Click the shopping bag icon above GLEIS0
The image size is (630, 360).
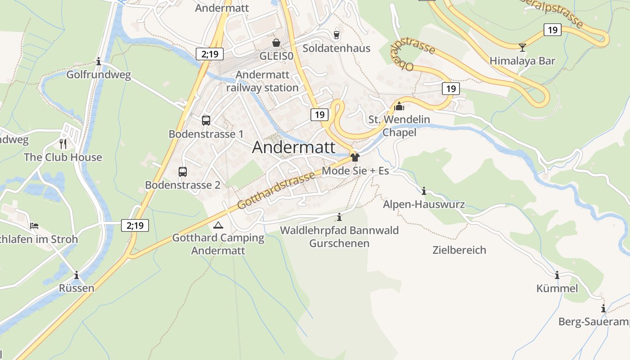(x=276, y=43)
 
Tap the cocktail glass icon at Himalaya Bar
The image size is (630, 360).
(x=522, y=47)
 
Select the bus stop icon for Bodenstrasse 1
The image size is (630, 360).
(x=206, y=121)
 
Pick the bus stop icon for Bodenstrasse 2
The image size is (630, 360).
(x=182, y=171)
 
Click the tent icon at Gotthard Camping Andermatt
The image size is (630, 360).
(x=218, y=225)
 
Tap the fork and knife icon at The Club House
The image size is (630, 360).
(x=63, y=144)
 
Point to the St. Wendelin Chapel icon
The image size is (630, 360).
(x=399, y=107)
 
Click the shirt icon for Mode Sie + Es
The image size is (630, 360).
(x=355, y=157)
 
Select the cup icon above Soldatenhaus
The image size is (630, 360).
(x=336, y=35)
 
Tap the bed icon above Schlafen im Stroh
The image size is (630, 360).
(x=34, y=225)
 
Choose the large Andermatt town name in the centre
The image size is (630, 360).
(x=293, y=147)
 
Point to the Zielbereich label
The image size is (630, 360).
(x=459, y=250)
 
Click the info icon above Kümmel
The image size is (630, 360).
(x=557, y=275)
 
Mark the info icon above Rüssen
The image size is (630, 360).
(x=76, y=275)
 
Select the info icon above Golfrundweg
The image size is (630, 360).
(x=99, y=62)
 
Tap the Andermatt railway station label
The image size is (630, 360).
(x=262, y=81)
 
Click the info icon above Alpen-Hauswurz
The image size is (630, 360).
(x=423, y=191)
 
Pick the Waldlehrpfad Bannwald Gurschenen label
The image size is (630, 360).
(x=339, y=237)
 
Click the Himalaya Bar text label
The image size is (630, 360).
(x=522, y=61)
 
